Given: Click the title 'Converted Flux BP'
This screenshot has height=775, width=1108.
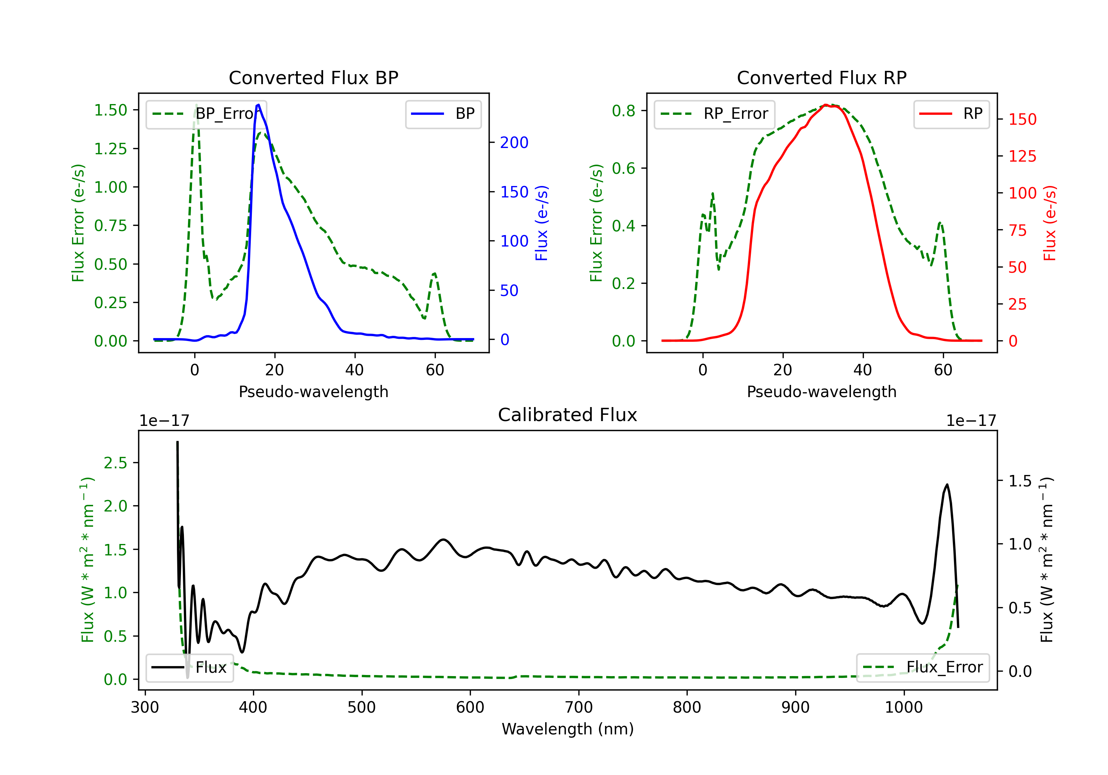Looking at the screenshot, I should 313,77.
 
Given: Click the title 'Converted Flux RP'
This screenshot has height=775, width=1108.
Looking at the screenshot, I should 821,77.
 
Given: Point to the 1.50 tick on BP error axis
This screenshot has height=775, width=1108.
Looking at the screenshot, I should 110,110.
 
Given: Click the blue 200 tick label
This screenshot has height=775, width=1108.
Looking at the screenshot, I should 514,142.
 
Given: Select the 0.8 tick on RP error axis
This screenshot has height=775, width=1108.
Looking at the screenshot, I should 623,111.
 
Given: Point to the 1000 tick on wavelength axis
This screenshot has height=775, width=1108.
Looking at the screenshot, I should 903,707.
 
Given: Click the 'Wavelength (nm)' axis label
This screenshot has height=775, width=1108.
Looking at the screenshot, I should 568,729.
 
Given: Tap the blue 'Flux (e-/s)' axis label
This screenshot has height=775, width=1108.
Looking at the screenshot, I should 541,223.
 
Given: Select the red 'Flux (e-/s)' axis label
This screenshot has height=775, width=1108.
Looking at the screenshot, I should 1050,223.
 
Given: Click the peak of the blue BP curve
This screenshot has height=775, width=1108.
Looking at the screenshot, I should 259,105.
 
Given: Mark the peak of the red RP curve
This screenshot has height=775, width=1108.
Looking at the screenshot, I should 826,105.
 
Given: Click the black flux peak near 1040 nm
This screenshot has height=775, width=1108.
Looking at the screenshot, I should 947,485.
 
